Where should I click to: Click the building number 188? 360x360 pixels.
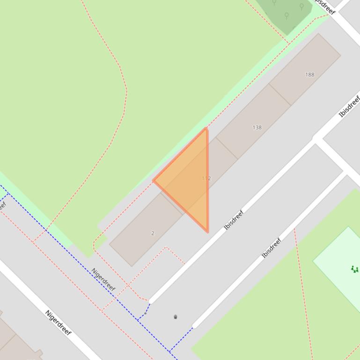click(x=309, y=74)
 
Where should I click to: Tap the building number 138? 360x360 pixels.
click(x=257, y=127)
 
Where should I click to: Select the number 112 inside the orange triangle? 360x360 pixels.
click(x=206, y=178)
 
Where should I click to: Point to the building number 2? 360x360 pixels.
click(x=153, y=233)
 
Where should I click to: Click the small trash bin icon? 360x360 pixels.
click(x=176, y=317)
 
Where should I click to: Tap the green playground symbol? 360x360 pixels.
click(x=355, y=269)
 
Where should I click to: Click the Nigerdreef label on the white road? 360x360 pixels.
click(x=58, y=322)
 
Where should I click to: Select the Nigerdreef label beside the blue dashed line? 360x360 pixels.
click(x=103, y=279)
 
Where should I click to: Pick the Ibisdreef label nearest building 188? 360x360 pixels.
click(x=349, y=106)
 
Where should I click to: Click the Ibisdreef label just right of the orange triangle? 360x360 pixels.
click(x=234, y=220)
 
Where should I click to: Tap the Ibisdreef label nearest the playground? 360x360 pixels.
click(x=272, y=248)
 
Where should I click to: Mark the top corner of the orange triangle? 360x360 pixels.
click(x=206, y=129)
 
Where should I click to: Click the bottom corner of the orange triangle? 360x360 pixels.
click(x=207, y=231)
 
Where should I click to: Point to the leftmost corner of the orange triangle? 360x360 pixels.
click(x=154, y=180)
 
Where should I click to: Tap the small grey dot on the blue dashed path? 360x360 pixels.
click(x=146, y=314)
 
